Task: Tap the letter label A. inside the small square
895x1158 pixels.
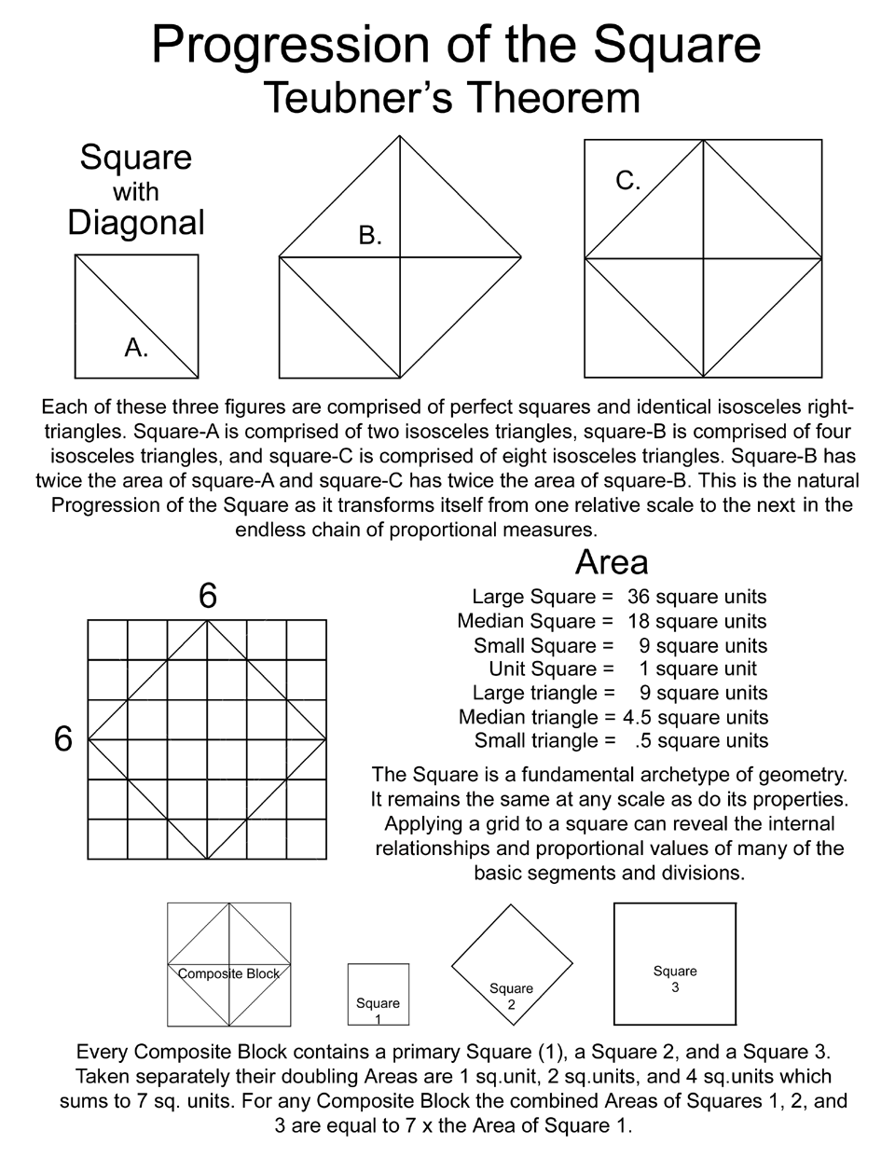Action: pos(137,348)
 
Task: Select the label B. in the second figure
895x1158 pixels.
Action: pos(371,236)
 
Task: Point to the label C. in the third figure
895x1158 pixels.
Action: pos(628,181)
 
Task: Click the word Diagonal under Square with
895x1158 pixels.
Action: pos(136,223)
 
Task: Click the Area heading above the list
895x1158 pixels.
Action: pos(612,562)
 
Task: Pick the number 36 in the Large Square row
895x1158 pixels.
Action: pos(639,597)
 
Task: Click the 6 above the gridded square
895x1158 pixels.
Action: pos(208,596)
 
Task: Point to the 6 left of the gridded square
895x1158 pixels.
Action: pos(63,739)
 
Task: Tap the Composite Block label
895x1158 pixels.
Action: pos(229,973)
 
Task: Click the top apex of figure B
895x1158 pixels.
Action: pos(401,137)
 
